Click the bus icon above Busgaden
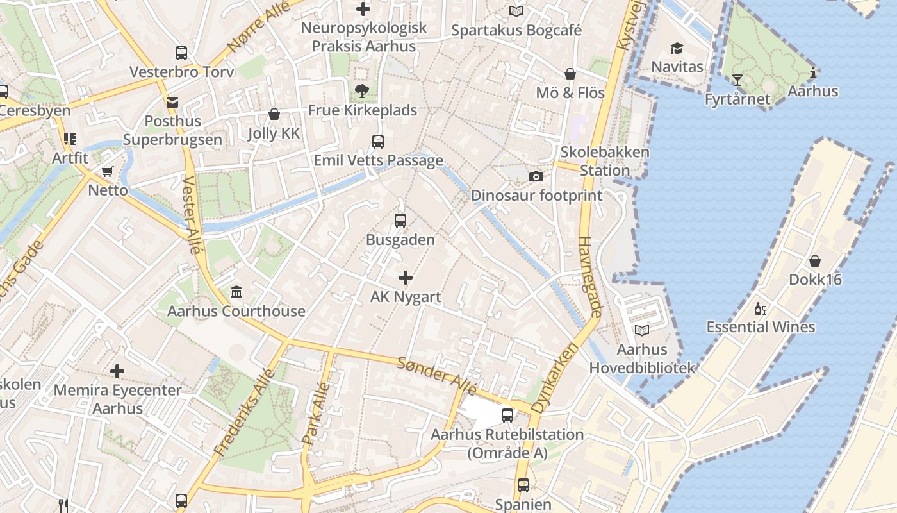[400, 221]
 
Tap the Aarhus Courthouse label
[236, 311]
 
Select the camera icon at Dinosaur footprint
[536, 176]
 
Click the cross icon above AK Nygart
[406, 278]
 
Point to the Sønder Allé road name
[437, 376]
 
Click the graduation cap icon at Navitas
[677, 49]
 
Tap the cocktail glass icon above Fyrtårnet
[737, 80]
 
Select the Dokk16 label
[815, 280]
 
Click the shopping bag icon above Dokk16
[815, 261]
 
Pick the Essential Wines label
[761, 327]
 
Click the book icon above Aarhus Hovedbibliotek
[641, 330]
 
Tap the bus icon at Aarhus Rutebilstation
[507, 416]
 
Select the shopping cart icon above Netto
[107, 172]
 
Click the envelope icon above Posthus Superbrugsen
[172, 102]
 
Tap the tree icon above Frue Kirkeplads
[362, 91]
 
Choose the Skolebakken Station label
[605, 162]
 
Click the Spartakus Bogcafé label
[516, 30]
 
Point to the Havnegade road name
[590, 277]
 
